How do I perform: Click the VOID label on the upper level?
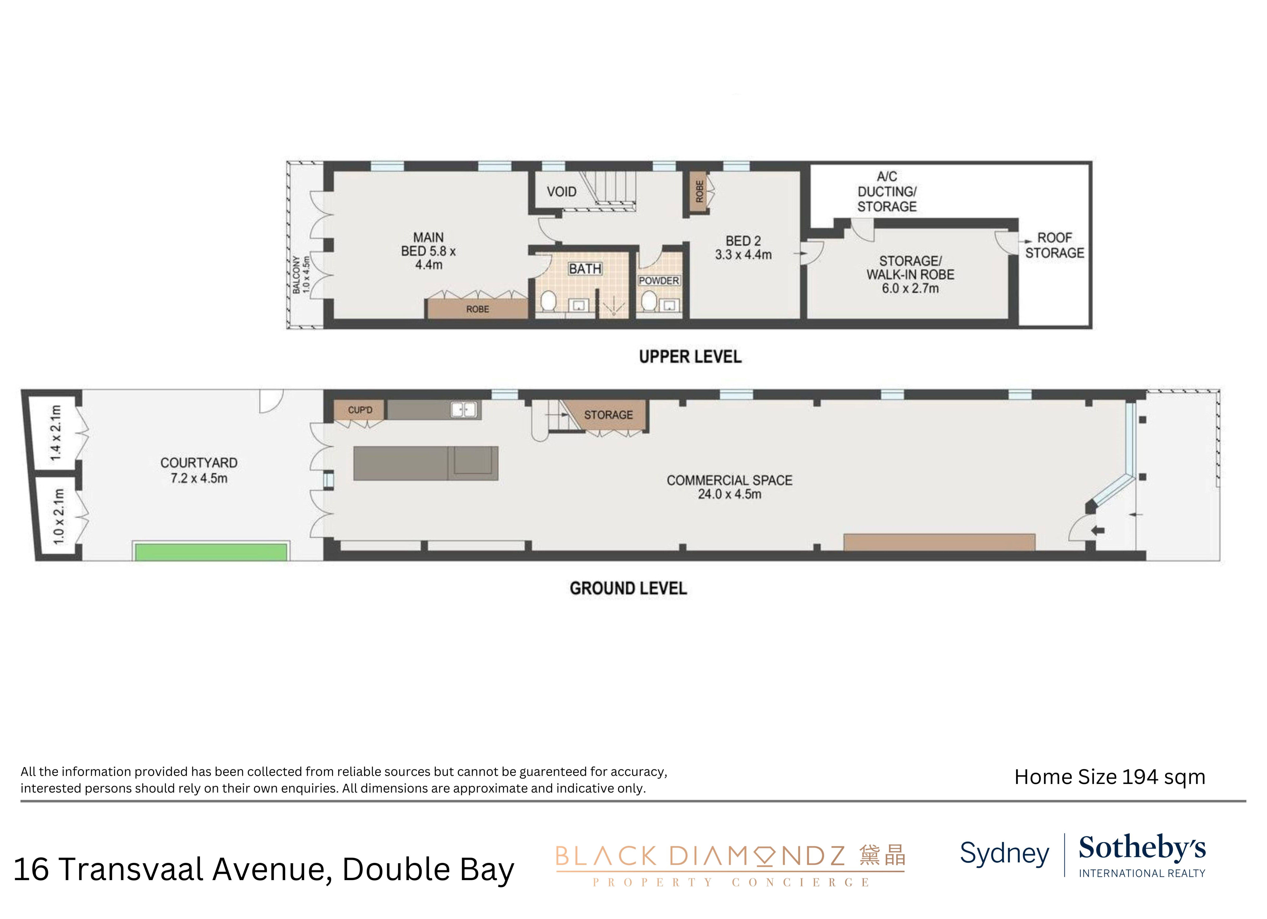(x=561, y=192)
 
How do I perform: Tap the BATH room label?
(x=585, y=269)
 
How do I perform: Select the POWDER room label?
(x=659, y=280)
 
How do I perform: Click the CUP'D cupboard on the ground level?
(x=360, y=410)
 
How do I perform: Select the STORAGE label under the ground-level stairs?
(x=608, y=415)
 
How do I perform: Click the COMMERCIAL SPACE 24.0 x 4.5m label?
(x=729, y=487)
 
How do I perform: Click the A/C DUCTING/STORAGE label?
(x=887, y=192)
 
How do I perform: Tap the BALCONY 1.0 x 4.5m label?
(x=301, y=275)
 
